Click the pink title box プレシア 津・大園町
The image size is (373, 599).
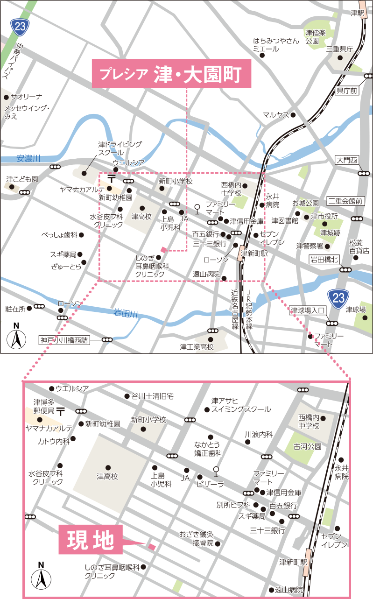click(171, 74)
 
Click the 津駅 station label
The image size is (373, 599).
click(357, 13)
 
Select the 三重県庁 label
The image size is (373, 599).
click(339, 49)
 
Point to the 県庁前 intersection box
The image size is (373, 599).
click(347, 91)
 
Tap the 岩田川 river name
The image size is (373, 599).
click(126, 314)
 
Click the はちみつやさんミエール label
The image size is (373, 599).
click(275, 45)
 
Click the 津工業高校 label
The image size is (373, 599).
click(197, 347)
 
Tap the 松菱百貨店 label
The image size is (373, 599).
click(359, 247)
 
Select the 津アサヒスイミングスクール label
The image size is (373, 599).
click(240, 405)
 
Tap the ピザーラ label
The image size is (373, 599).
click(211, 484)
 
